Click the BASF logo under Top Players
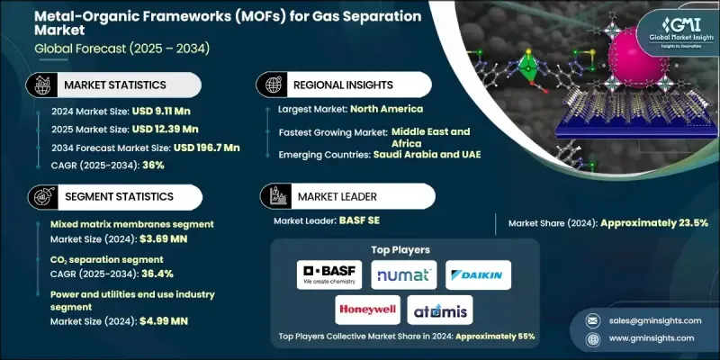[327, 274]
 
